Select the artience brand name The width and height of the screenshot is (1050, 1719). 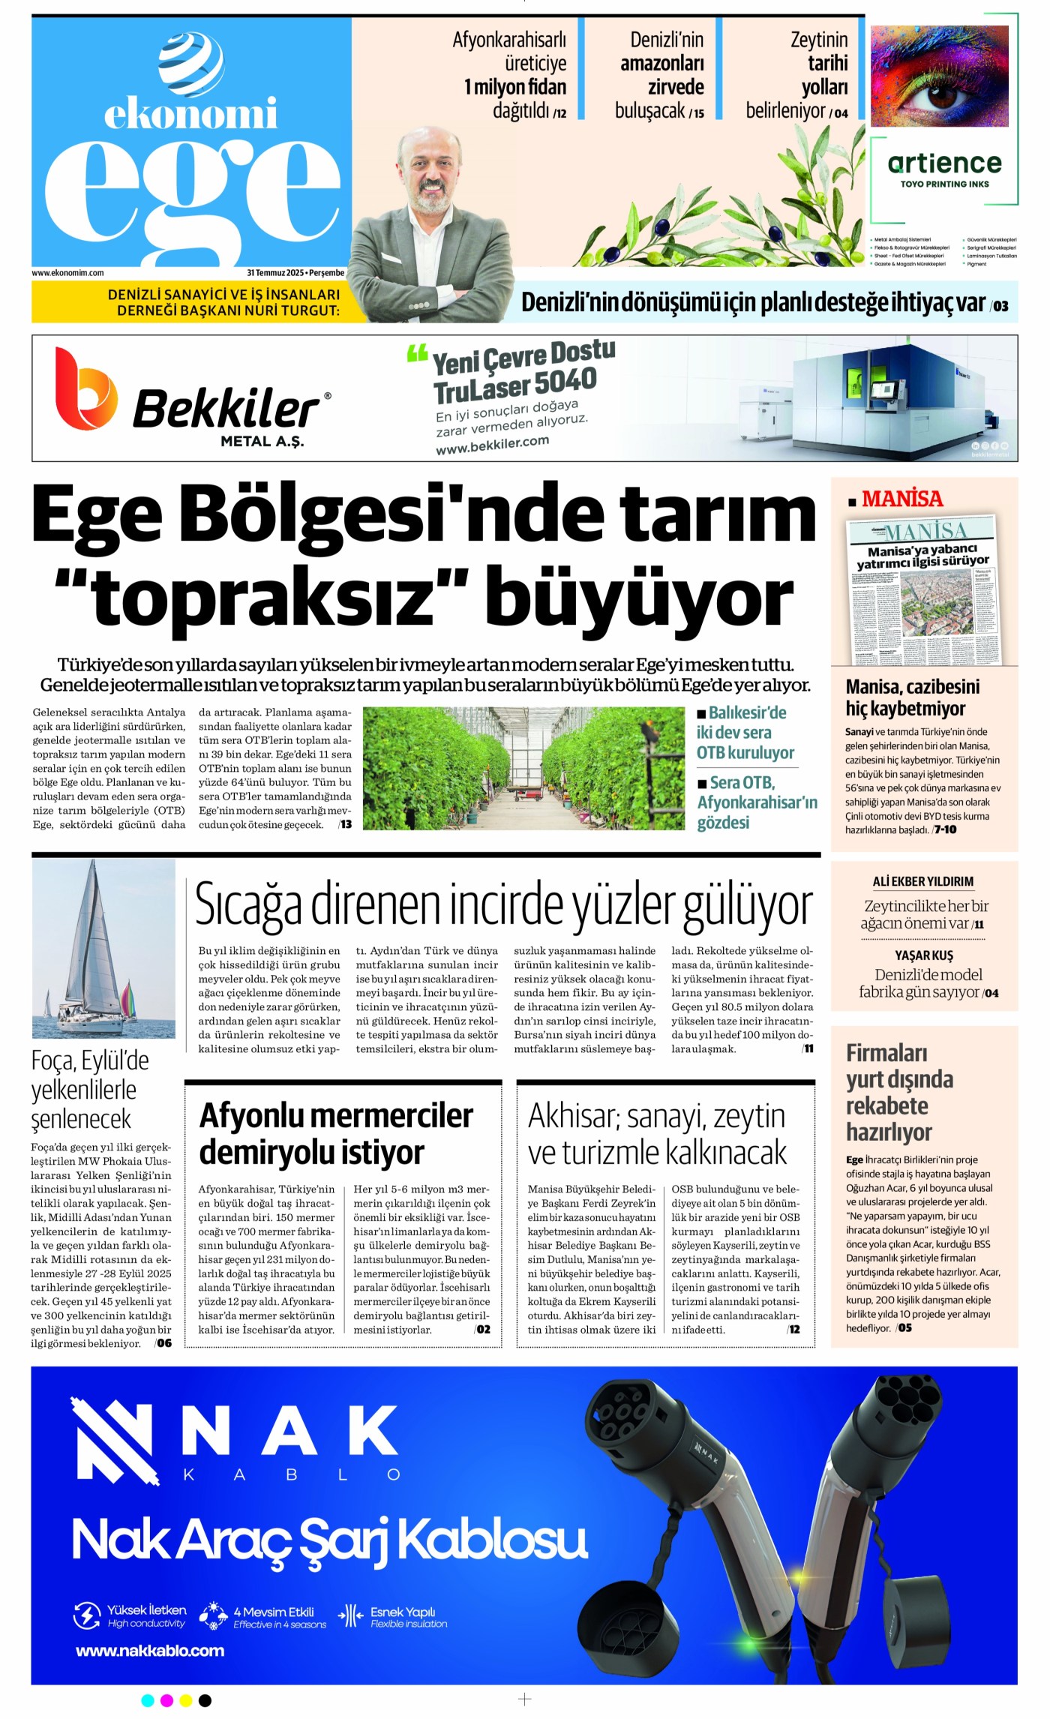click(944, 163)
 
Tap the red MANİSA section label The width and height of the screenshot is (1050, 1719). click(902, 499)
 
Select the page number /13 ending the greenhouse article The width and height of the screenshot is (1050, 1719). click(345, 824)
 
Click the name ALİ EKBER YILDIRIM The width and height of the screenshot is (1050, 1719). click(923, 881)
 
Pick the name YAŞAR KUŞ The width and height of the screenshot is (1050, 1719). click(924, 955)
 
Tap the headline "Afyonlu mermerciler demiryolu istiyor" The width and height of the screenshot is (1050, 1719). click(336, 1133)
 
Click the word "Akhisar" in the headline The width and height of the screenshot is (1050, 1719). click(571, 1116)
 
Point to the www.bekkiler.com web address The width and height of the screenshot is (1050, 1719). click(492, 444)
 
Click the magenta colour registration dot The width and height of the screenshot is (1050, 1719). click(166, 1700)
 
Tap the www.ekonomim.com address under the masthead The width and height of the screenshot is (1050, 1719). click(67, 273)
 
